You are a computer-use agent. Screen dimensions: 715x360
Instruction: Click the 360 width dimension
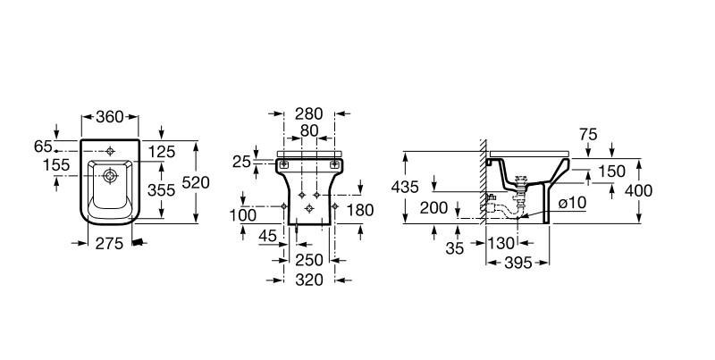point(110,117)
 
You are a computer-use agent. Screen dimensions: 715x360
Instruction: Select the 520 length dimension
point(196,183)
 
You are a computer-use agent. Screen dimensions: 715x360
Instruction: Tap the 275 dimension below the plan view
point(109,244)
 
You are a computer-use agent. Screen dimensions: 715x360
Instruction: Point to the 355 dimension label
point(162,190)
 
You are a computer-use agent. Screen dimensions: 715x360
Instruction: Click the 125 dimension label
point(162,152)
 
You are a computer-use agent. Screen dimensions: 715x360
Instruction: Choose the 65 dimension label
point(43,147)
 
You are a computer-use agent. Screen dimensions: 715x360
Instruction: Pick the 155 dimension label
point(56,165)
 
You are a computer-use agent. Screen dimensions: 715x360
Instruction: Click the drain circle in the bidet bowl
point(110,175)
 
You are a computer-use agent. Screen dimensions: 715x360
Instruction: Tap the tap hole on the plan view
point(110,151)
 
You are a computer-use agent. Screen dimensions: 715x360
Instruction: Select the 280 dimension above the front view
point(308,113)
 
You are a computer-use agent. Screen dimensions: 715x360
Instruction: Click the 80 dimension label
point(309,130)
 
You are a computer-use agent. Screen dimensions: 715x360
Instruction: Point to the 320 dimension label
point(309,280)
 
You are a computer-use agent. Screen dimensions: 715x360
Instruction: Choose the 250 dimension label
point(309,260)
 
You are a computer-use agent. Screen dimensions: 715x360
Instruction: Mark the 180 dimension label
point(360,210)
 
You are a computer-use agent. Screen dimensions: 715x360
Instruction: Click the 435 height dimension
point(405,187)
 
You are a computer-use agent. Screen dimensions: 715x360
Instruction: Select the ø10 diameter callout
point(572,203)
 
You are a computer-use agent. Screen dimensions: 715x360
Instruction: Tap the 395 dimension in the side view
point(518,263)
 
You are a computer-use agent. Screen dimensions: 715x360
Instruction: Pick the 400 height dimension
point(638,190)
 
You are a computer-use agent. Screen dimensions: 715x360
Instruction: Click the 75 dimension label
point(588,135)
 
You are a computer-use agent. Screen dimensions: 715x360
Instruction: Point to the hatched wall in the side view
point(483,181)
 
